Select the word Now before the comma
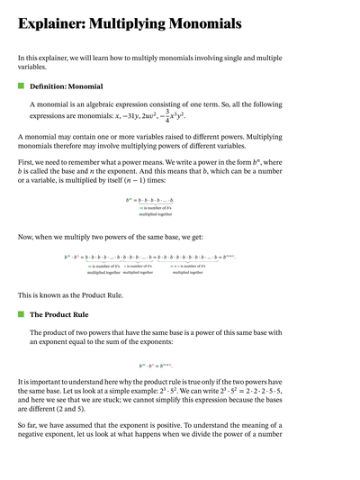(27, 237)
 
